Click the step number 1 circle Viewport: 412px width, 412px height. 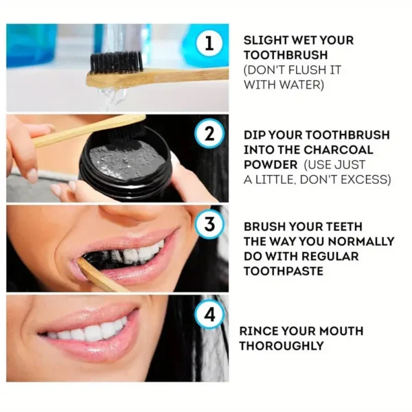coord(210,44)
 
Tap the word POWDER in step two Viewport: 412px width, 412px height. coord(271,165)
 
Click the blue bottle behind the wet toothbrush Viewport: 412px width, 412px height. coord(31,45)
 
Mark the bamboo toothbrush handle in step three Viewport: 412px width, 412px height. coord(100,275)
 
